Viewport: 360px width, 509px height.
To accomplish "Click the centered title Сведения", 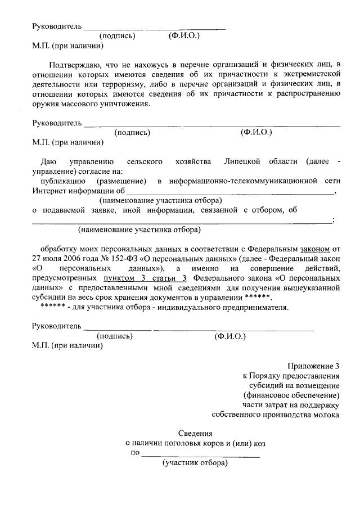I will click(195, 433).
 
